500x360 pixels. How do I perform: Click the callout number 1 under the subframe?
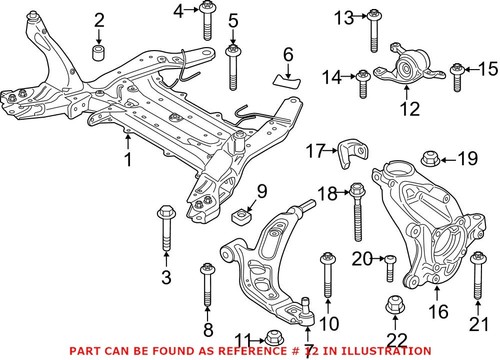127,159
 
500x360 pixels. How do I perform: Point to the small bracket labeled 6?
288,72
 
